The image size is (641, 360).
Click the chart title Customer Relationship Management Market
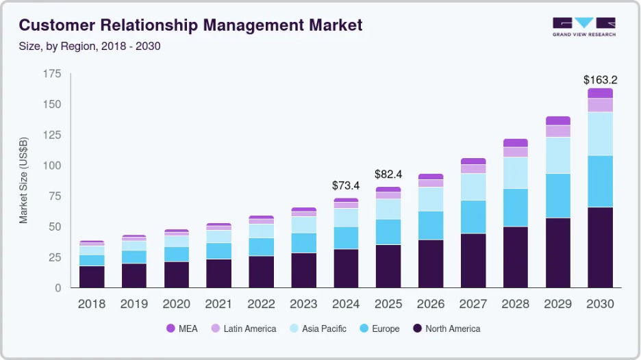[190, 26]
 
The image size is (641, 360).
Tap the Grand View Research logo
[584, 27]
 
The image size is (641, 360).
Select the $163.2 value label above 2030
[600, 79]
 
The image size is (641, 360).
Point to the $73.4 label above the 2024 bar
[346, 185]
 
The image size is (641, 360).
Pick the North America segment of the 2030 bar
[600, 247]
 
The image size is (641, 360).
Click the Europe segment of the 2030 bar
[600, 181]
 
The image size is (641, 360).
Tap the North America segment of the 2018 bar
[92, 277]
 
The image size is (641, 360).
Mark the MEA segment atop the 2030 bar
[600, 93]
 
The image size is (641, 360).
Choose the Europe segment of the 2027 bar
[473, 217]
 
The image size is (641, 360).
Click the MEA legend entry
[181, 329]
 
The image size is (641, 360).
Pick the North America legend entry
[447, 329]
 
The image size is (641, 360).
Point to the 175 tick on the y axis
[52, 74]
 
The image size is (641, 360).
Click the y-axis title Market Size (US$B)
[24, 181]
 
